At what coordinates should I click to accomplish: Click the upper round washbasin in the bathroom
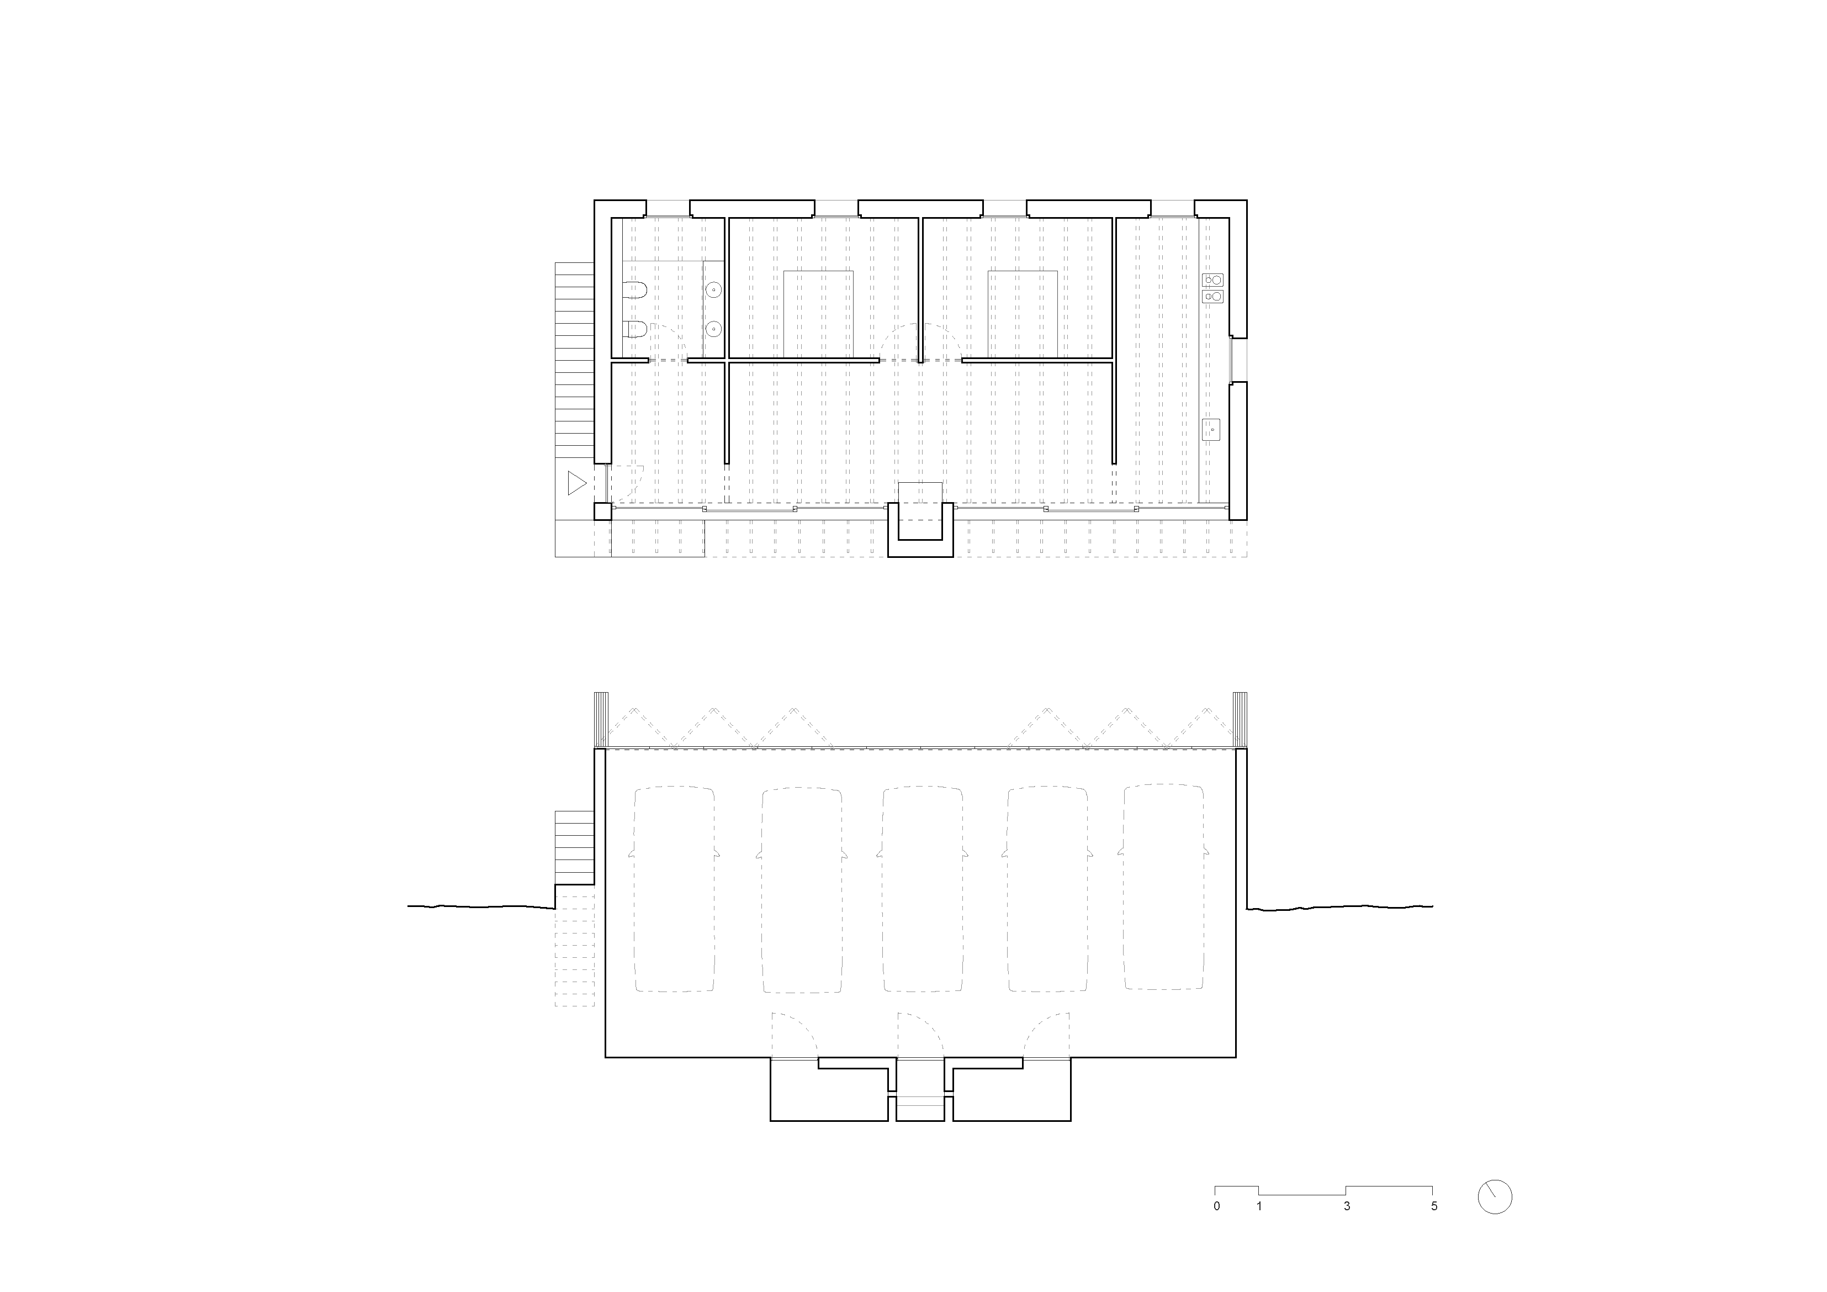tap(714, 291)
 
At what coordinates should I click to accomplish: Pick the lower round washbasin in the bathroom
tap(714, 328)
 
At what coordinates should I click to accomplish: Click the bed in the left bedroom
tap(819, 314)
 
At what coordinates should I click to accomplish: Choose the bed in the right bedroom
tap(1023, 314)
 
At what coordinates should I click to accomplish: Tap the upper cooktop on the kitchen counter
tap(1212, 280)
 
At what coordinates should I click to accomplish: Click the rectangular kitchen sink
tap(1212, 430)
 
